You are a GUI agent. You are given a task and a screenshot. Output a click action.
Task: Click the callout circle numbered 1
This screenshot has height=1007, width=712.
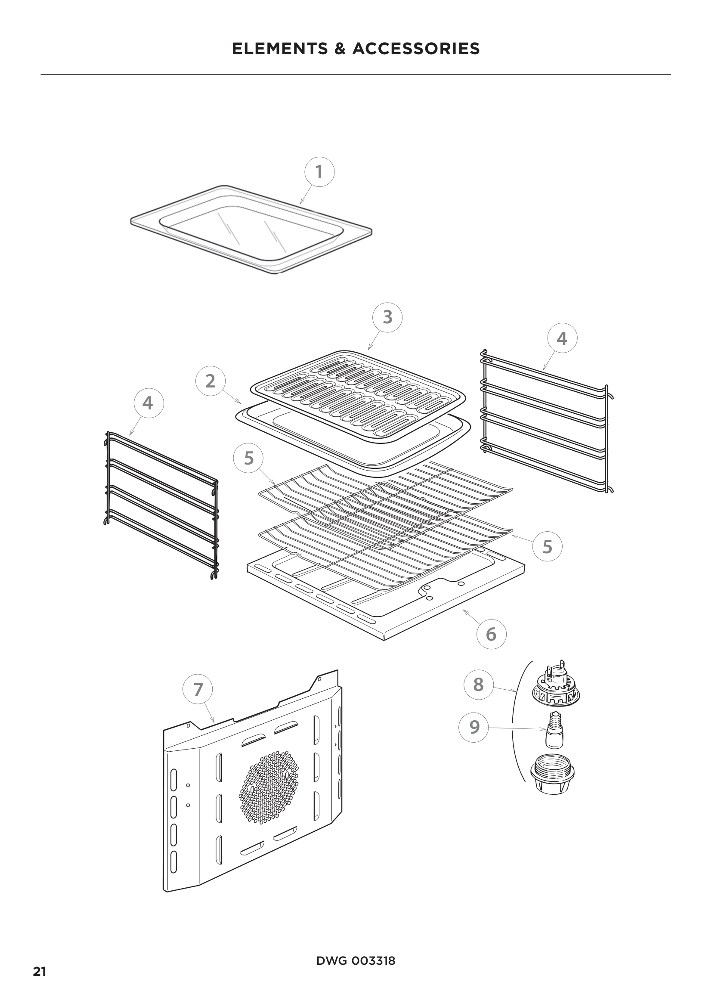click(x=319, y=172)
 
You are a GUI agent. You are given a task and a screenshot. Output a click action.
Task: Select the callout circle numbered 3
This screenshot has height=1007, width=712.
click(x=387, y=317)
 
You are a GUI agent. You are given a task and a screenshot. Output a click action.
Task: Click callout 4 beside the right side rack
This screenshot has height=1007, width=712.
click(x=562, y=338)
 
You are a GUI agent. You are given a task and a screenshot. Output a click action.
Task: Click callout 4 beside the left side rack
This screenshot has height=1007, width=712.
click(x=148, y=403)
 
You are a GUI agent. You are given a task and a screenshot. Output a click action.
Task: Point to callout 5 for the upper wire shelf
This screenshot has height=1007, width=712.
click(x=248, y=458)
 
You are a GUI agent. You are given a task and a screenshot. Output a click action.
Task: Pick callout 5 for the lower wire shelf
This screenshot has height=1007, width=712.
click(x=547, y=546)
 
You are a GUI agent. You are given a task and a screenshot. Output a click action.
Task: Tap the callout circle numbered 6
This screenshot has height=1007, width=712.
click(x=491, y=634)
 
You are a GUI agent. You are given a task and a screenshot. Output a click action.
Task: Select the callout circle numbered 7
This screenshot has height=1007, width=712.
click(x=198, y=689)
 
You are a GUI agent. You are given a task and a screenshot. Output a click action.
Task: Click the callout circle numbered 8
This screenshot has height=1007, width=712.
click(x=478, y=684)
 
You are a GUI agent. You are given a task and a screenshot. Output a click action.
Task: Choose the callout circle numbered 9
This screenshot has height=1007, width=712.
click(x=474, y=727)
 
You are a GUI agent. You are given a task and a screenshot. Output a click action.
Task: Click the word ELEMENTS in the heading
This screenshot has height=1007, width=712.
click(x=280, y=49)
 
